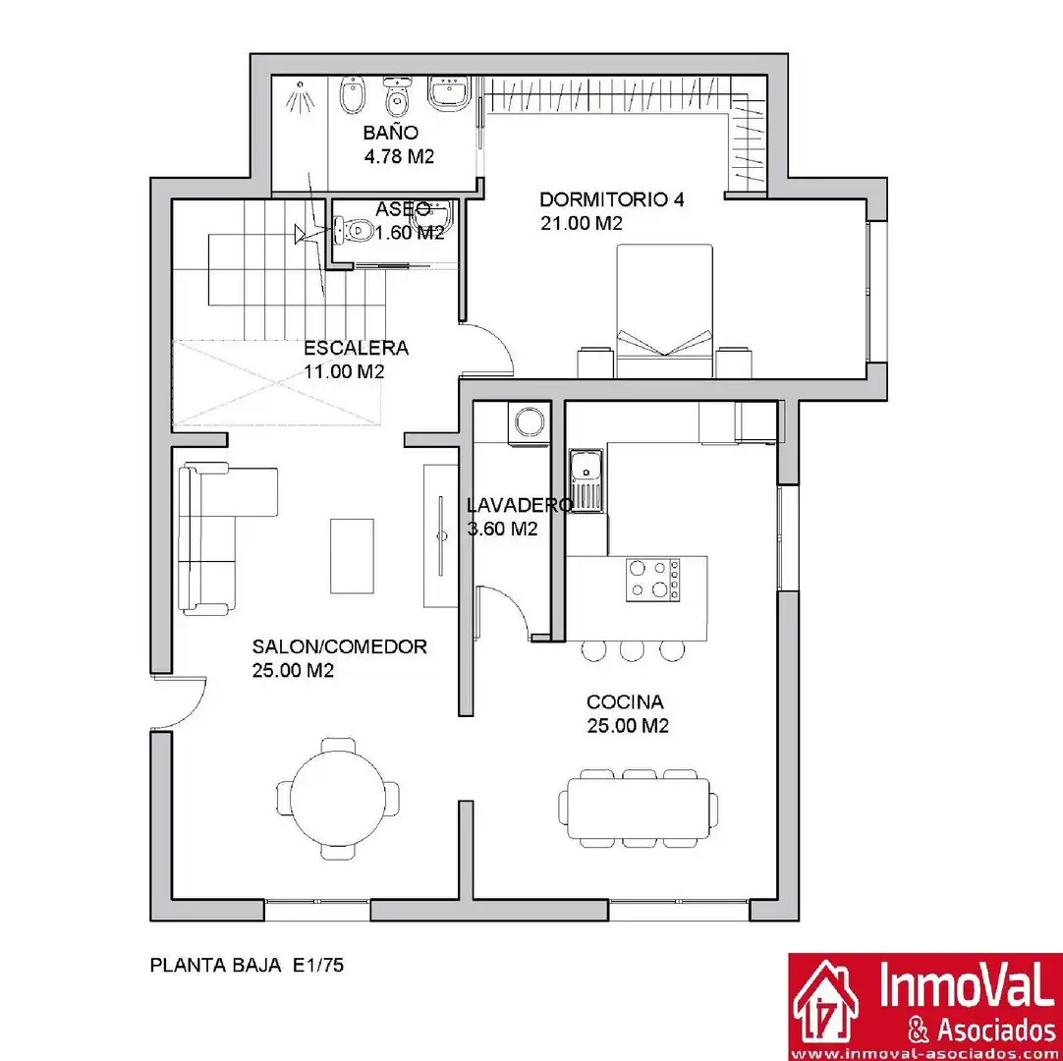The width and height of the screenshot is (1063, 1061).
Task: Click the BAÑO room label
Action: point(390,132)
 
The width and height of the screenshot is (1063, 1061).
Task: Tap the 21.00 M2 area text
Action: point(581,224)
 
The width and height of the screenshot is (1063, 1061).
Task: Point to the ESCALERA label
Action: point(356,349)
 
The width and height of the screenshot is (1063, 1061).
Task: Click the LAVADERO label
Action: point(520,505)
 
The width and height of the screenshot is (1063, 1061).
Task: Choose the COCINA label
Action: point(625,701)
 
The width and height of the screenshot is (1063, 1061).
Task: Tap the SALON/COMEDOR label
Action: point(340,646)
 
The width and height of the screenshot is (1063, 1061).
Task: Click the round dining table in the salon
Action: point(338,799)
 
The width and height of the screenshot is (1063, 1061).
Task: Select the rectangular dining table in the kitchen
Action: point(639,810)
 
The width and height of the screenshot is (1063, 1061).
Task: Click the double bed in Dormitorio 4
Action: point(664,310)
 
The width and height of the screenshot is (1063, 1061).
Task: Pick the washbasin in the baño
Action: point(449,91)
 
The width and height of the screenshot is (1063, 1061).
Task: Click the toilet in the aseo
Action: point(354,230)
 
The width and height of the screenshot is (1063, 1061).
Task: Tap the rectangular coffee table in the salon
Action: point(352,556)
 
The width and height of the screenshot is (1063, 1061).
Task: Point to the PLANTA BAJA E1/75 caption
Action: point(247,965)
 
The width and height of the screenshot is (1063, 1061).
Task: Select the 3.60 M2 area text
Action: point(502,530)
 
